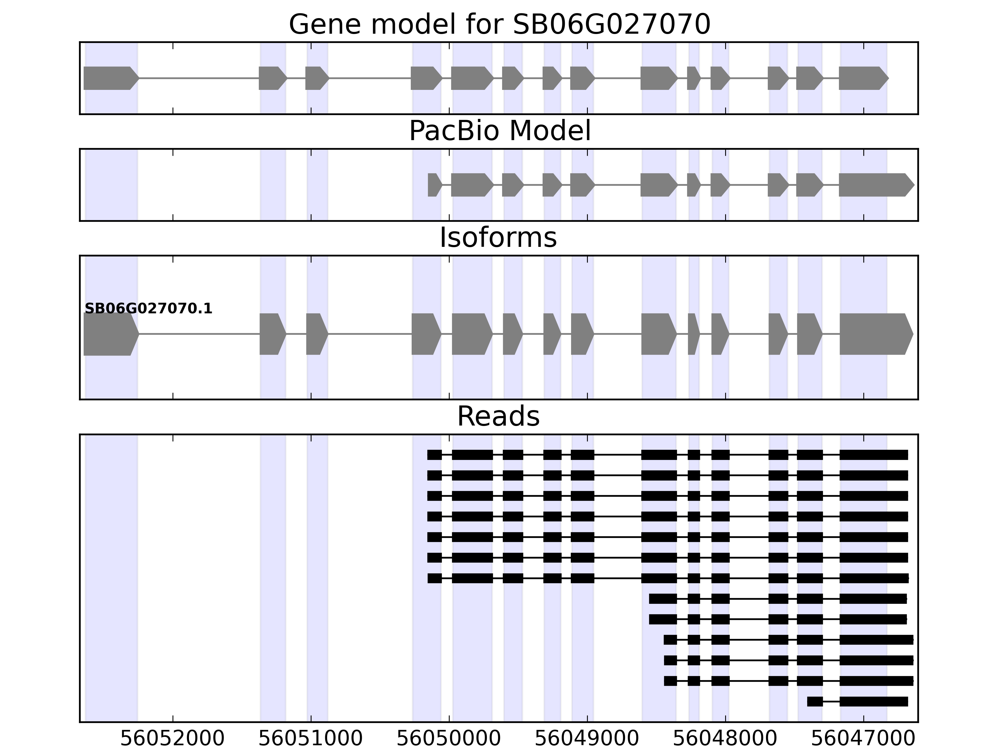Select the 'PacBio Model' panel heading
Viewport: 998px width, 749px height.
coord(499,131)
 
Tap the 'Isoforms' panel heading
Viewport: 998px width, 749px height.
coord(498,238)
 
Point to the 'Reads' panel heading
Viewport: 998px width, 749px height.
coord(498,416)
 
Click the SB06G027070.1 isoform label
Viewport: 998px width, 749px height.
coord(148,309)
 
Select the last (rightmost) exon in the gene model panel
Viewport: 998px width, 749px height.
coord(862,78)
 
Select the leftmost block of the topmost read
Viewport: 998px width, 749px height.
coord(434,455)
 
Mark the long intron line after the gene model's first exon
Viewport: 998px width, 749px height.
coord(199,78)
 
